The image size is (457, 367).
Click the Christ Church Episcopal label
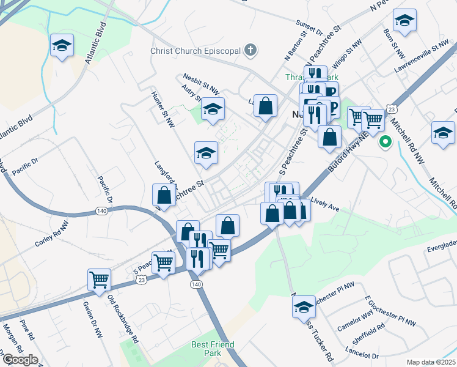196,51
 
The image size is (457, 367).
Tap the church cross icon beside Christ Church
249,50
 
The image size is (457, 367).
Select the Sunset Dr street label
309,29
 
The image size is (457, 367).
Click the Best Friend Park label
213,349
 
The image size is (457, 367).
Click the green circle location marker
386,143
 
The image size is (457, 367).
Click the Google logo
20,360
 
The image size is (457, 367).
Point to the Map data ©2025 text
431,362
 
